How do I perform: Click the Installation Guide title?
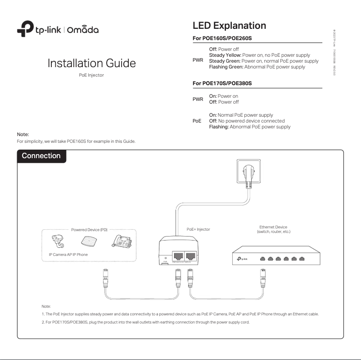coord(92,63)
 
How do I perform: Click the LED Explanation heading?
coord(229,25)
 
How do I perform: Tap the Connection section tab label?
coord(41,156)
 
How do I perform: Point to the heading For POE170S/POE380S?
coord(222,83)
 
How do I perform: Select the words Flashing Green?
coord(226,67)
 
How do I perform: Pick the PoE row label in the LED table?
coord(197,121)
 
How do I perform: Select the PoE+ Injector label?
coord(198,229)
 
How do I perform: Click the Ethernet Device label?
coord(273,229)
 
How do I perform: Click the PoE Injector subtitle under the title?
coord(92,75)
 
